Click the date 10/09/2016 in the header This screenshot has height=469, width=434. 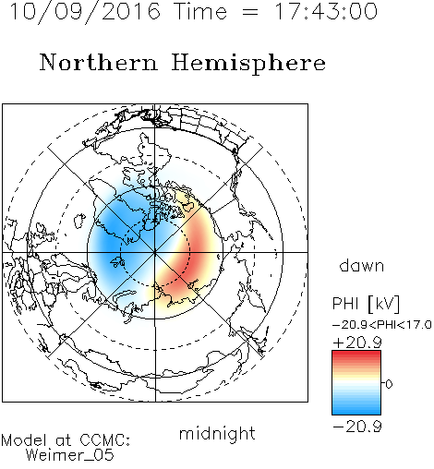tap(85, 12)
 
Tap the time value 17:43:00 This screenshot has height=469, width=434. tap(326, 11)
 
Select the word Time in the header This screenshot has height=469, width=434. tap(200, 11)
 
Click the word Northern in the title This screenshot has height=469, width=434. tap(99, 62)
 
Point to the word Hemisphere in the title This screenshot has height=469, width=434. tap(248, 64)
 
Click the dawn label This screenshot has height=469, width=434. tap(362, 266)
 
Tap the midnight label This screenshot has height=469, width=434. tap(217, 434)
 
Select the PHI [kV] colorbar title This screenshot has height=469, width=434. tap(366, 304)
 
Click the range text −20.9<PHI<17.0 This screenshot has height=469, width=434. tap(382, 325)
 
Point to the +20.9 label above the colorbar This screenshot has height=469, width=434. tap(357, 343)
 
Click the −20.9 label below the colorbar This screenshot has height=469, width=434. tap(357, 427)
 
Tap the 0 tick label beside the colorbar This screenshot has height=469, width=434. tap(389, 384)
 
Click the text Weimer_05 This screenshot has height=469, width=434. tap(70, 455)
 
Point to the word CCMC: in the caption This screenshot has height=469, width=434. tap(105, 440)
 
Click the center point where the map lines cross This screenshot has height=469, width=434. tap(155, 252)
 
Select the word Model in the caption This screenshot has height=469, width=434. tap(24, 440)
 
